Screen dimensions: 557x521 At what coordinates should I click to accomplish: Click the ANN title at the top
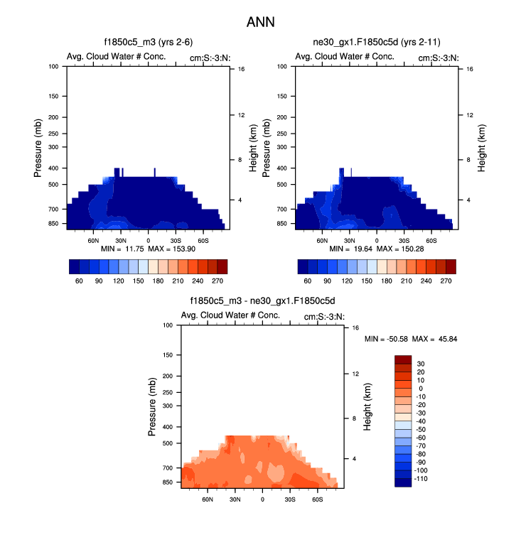260,22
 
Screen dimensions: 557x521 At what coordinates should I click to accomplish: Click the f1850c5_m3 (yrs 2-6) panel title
148,43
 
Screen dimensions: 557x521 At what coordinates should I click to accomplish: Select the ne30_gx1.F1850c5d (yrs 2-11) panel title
376,43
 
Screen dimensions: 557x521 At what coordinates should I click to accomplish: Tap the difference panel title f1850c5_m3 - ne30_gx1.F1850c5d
262,301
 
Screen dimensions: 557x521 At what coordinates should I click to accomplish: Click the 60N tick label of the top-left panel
93,241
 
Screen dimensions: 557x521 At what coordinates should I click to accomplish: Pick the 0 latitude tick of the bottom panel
262,499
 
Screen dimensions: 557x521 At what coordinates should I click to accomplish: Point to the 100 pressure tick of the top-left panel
54,67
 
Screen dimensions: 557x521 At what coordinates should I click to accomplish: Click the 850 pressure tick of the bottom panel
168,482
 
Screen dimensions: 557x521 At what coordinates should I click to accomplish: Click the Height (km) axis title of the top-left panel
253,148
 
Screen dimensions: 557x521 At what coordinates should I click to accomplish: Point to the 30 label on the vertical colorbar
421,364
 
